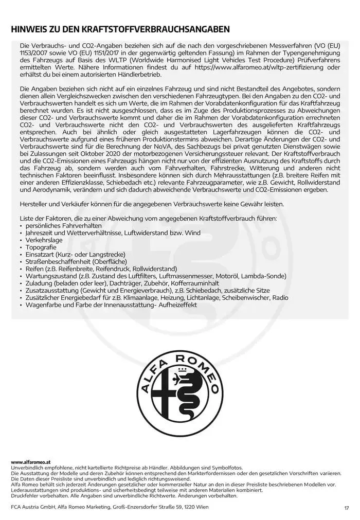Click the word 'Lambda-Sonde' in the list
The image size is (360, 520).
pos(265,276)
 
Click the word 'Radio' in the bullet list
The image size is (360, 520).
pos(280,297)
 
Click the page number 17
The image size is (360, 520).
pos(346,509)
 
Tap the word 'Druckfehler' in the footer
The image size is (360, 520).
pos(24,496)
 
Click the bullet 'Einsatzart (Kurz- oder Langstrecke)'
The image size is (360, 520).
pos(75,254)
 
